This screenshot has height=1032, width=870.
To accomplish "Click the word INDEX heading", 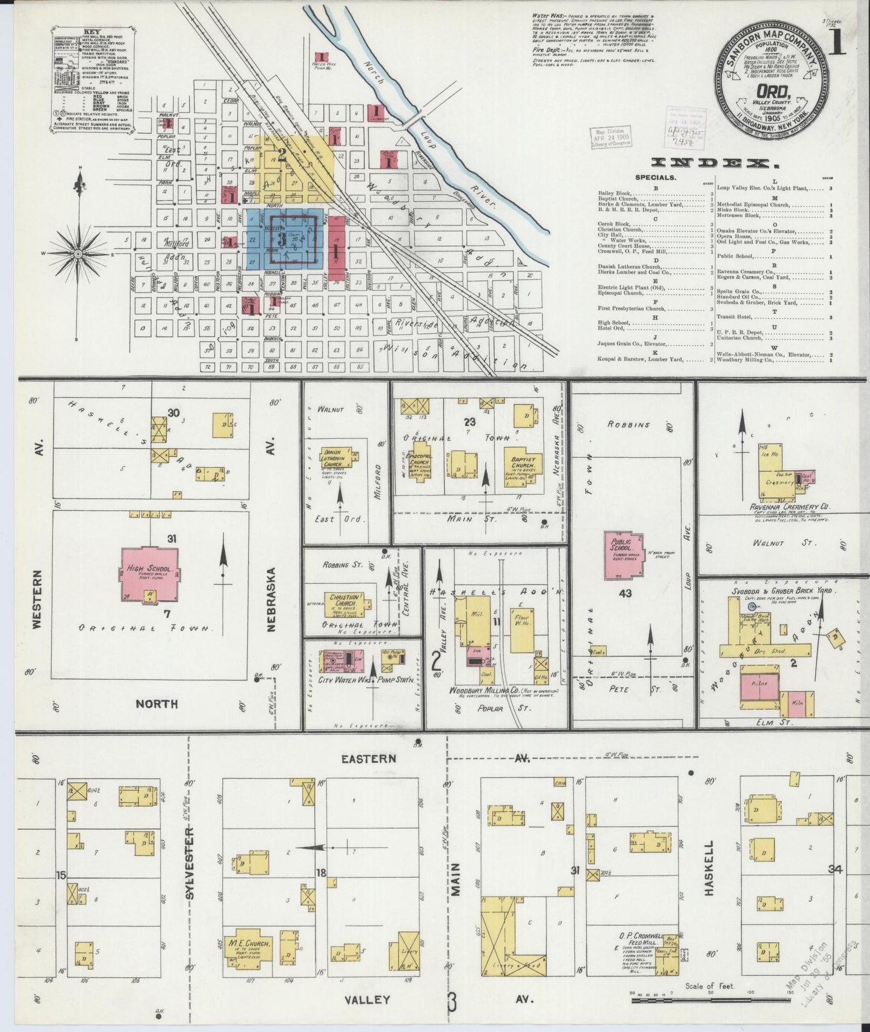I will (x=712, y=163).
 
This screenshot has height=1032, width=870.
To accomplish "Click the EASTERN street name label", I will (x=369, y=759).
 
